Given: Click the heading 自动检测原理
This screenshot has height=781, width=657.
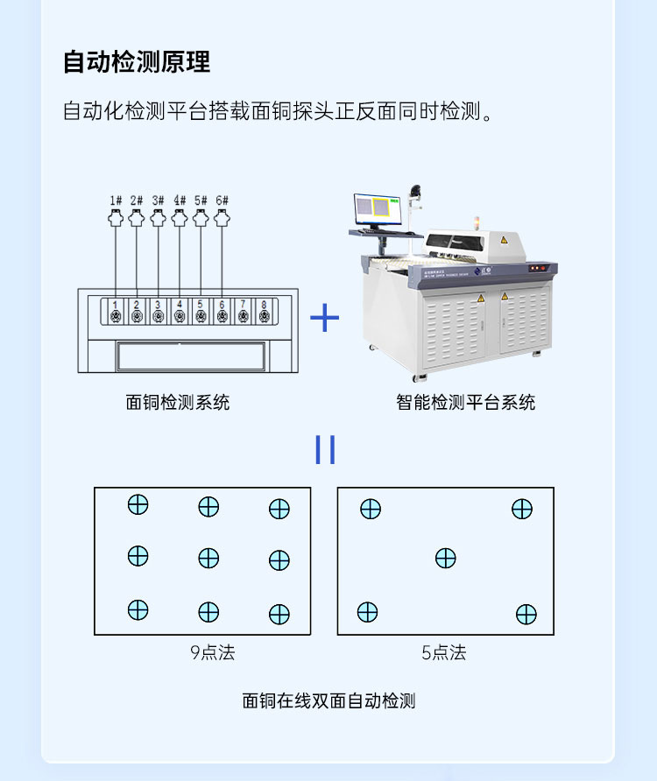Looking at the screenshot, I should point(137,63).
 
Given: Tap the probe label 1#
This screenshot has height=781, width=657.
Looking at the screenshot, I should point(115,201).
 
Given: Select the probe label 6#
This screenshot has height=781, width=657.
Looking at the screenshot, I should point(222,201).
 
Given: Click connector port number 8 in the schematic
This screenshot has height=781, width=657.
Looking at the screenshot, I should point(265,312).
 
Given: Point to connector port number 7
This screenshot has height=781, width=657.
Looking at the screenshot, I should point(244,312).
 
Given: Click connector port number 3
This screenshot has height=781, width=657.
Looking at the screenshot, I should point(158,312).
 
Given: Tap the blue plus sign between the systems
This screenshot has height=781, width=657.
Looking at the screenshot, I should point(325,318).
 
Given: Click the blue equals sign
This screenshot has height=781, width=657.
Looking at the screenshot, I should point(325,449).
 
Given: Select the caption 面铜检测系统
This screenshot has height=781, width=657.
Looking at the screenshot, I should point(178,403).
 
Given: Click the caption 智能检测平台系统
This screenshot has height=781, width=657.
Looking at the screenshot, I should point(465,403).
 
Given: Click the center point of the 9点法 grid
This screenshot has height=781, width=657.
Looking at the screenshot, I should point(208,558).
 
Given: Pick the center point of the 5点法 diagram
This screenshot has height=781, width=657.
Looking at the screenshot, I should point(446,558).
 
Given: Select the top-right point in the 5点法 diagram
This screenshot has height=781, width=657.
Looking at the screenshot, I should point(522,509).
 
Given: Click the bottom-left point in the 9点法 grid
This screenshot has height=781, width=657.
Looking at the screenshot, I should point(138,610).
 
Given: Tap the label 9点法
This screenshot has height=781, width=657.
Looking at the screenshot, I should point(213,653).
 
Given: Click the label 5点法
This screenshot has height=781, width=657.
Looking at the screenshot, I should point(444,653).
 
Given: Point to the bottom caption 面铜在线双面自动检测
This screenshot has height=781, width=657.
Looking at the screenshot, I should point(328,701).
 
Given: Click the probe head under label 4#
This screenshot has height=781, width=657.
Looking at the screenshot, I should point(180,217).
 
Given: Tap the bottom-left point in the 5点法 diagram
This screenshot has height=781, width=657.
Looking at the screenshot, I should point(368,612).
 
